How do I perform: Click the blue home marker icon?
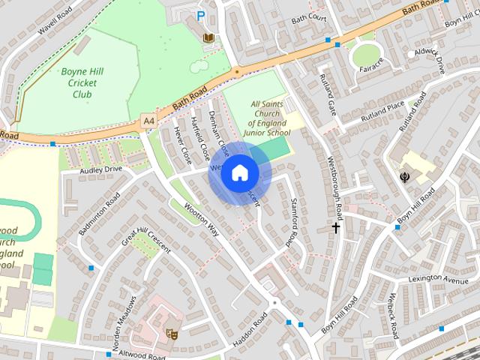(239, 173)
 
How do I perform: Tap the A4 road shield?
(148, 119)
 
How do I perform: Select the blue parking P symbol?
(200, 15)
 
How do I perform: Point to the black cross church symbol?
(336, 226)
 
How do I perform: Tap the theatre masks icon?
(171, 334)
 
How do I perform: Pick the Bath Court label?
(308, 17)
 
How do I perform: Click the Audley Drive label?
(101, 170)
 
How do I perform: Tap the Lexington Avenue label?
(438, 280)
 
